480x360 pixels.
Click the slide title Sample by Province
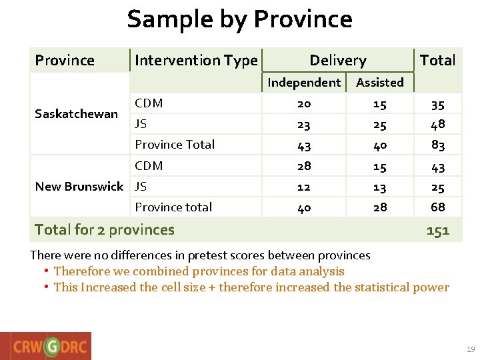(x=239, y=19)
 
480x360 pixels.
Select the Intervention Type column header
(x=195, y=61)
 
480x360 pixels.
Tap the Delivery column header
(x=337, y=61)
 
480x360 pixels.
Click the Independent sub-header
(x=303, y=83)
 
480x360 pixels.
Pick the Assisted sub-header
(x=379, y=83)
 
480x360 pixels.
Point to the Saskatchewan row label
(x=76, y=114)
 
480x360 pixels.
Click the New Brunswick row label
(x=79, y=187)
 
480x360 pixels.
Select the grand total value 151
(x=437, y=231)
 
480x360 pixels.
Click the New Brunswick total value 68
(x=437, y=207)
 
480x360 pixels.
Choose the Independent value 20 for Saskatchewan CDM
(x=303, y=104)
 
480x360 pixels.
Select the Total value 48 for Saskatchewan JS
(x=437, y=124)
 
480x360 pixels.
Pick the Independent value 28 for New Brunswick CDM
(x=303, y=166)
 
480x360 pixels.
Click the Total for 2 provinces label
(x=104, y=230)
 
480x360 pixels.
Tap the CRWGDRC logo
(x=46, y=346)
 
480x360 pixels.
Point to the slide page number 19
(x=471, y=349)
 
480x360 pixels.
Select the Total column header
(x=437, y=61)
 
